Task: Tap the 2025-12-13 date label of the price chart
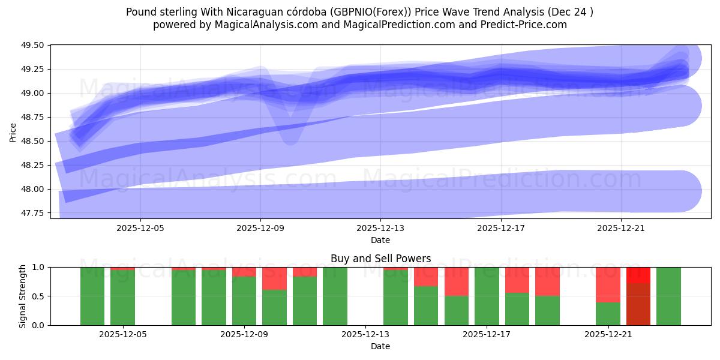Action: pos(380,228)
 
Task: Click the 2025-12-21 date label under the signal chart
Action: pos(608,334)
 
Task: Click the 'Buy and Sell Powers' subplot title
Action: pos(380,259)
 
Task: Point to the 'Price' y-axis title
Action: pos(13,132)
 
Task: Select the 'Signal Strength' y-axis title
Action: pos(22,296)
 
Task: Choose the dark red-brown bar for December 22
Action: pos(638,304)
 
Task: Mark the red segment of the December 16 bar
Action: pos(457,281)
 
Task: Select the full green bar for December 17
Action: pos(487,296)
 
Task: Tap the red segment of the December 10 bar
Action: pos(274,278)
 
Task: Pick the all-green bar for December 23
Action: pos(668,296)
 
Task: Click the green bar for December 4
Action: pos(92,296)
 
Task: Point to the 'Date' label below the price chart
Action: pos(380,240)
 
